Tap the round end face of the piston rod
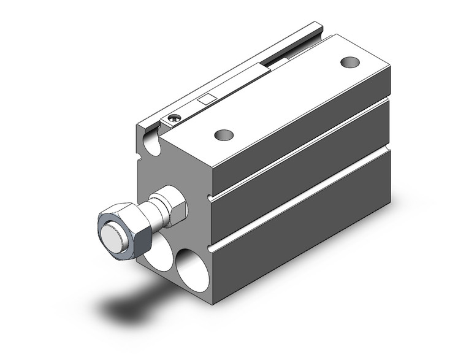click(x=113, y=234)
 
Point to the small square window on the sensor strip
click(x=207, y=98)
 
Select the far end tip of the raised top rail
click(x=316, y=26)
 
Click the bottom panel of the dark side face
click(x=307, y=233)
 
